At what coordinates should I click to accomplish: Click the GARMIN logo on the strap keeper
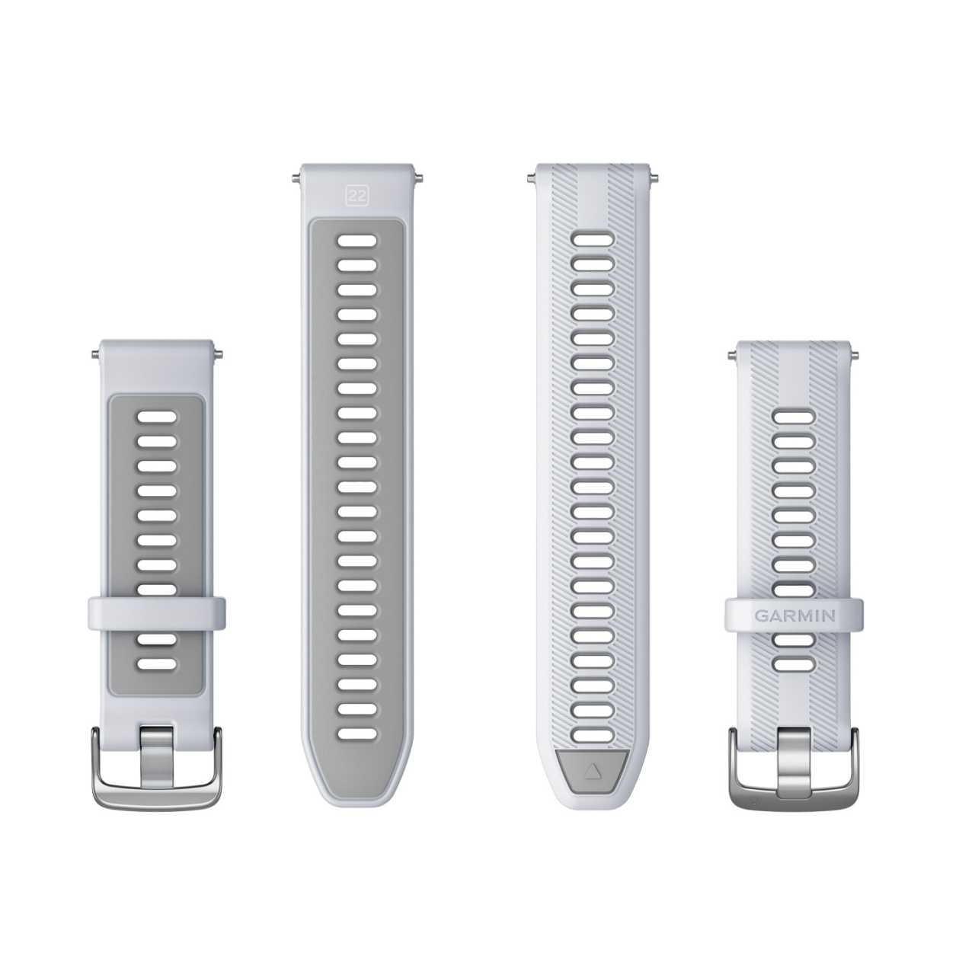(x=795, y=615)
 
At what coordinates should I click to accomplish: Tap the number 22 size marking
(x=357, y=197)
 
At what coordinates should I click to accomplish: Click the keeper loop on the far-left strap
(x=157, y=614)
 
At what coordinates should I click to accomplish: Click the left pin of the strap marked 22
(x=296, y=177)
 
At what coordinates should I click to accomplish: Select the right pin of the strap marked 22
(x=418, y=177)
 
